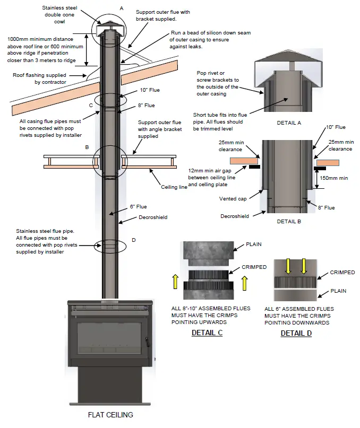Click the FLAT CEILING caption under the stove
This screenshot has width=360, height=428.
coord(110,415)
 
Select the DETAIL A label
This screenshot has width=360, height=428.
coord(289,123)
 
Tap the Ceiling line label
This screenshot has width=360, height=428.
coord(174,187)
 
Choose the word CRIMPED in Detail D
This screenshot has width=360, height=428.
coord(342,273)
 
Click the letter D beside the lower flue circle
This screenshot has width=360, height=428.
coord(133,240)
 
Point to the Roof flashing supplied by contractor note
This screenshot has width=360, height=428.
coord(40,78)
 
